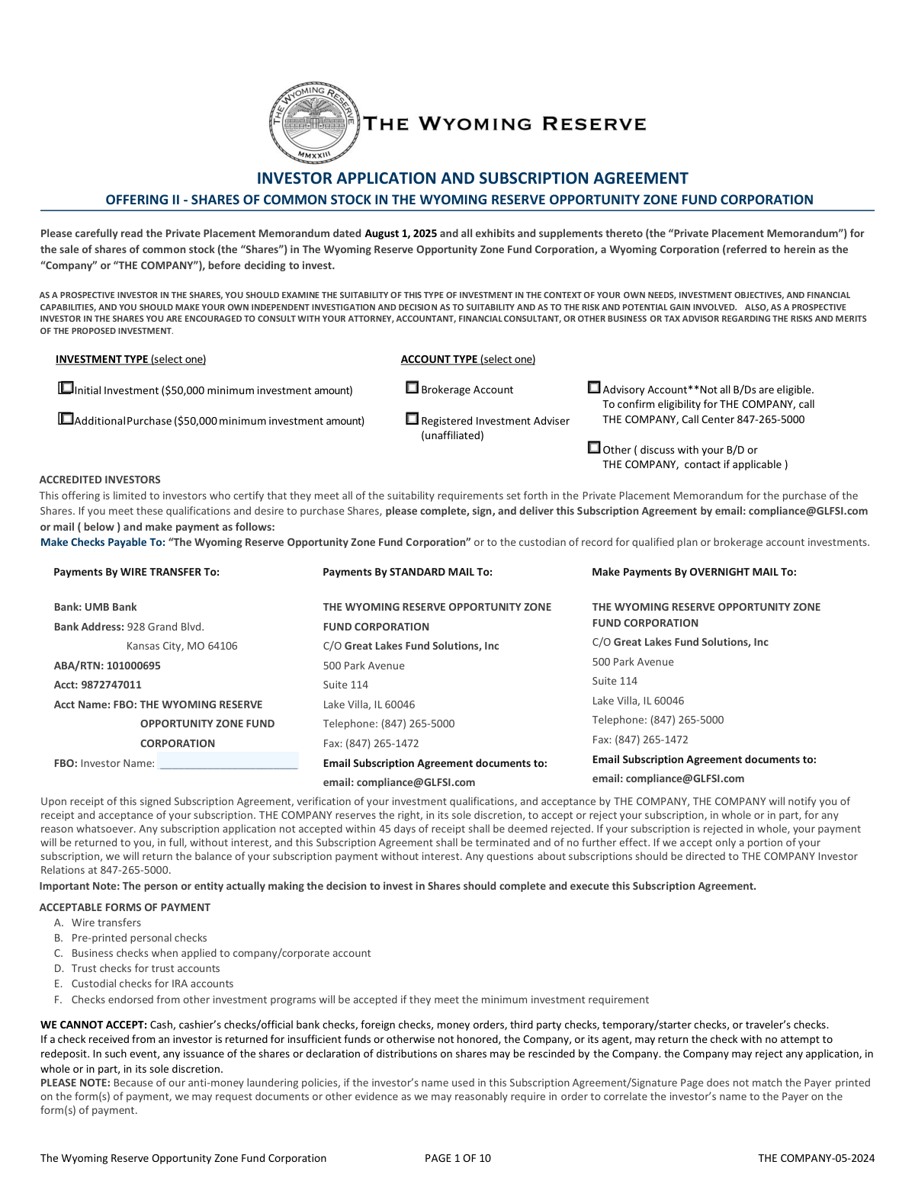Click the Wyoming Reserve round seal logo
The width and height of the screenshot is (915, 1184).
pos(314,122)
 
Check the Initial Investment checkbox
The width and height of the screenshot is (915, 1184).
pos(66,388)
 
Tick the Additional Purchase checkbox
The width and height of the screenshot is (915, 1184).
pos(66,419)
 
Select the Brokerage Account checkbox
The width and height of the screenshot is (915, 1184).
pos(412,387)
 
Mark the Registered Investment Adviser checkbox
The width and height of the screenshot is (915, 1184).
pos(412,419)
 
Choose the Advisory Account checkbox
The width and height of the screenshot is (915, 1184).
pos(594,387)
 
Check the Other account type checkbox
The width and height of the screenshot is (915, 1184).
pos(594,448)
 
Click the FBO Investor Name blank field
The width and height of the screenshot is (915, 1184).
pos(228,762)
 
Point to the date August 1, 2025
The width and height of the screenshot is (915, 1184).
pos(400,233)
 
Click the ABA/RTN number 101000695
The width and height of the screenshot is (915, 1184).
pos(133,666)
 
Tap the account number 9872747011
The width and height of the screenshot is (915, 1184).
pos(111,685)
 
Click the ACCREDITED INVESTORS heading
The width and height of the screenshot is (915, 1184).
pos(100,480)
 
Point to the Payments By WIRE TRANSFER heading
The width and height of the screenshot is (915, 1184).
pos(136,572)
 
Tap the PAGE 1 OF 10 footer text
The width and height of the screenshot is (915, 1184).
pos(457,1158)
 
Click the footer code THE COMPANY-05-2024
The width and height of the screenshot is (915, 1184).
pos(816,1158)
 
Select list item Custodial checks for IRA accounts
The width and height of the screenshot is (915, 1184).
pos(152,983)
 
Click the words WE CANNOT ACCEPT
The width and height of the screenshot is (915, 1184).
pos(94,1025)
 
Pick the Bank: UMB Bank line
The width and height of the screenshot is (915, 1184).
pos(95,607)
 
